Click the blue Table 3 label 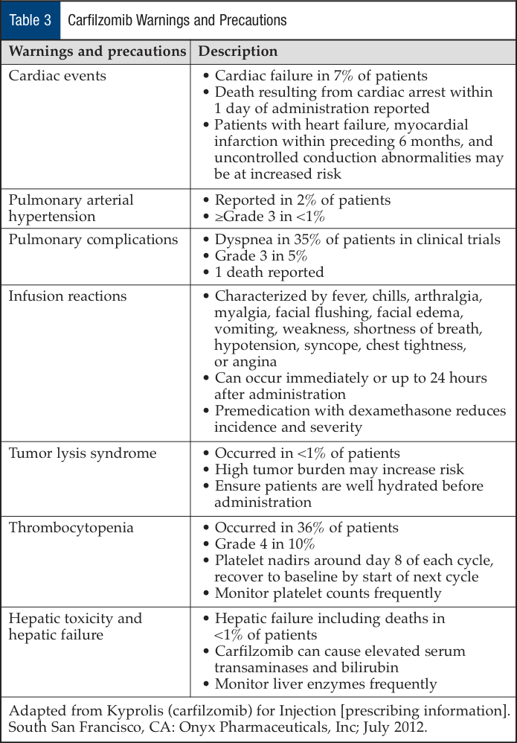(30, 20)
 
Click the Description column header (238, 52)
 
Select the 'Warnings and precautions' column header (97, 52)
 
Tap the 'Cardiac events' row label (57, 75)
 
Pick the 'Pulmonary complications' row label (93, 239)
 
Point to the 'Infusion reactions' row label (68, 296)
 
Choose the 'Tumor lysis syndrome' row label (82, 453)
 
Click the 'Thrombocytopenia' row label (71, 528)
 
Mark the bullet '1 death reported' (269, 272)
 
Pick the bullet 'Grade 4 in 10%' (264, 544)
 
